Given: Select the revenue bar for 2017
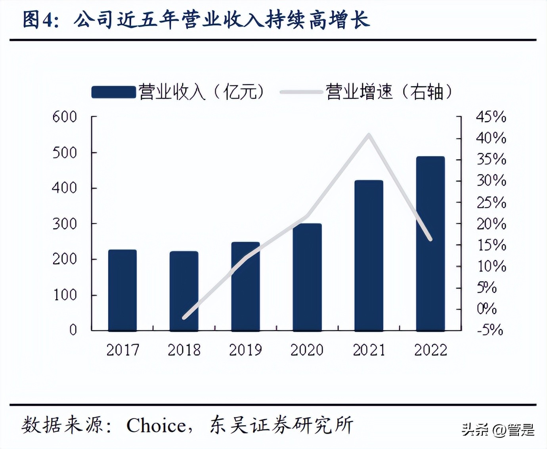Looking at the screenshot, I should tap(122, 290).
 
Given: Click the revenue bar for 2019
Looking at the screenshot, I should tap(245, 286).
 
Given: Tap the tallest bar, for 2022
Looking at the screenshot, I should tap(430, 244).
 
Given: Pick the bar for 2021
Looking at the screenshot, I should tap(369, 255).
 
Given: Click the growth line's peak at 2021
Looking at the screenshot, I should tap(369, 135).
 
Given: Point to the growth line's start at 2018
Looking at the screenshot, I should tap(184, 318).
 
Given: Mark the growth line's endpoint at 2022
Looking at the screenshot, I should tap(430, 239).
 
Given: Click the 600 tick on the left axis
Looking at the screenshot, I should tap(65, 117).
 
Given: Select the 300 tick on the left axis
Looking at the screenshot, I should tap(65, 224).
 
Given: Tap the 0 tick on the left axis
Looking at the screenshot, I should tap(73, 330).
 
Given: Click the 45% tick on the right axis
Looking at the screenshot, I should tap(491, 117).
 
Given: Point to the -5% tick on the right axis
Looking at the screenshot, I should tap(490, 330).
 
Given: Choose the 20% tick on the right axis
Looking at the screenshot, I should tap(491, 224).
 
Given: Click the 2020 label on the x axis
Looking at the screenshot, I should tap(307, 350).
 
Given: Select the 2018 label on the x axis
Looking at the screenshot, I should tap(184, 350).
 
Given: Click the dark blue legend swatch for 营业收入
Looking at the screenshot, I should tap(113, 92).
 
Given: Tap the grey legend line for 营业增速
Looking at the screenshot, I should tap(301, 92).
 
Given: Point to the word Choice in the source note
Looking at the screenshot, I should tap(156, 426).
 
